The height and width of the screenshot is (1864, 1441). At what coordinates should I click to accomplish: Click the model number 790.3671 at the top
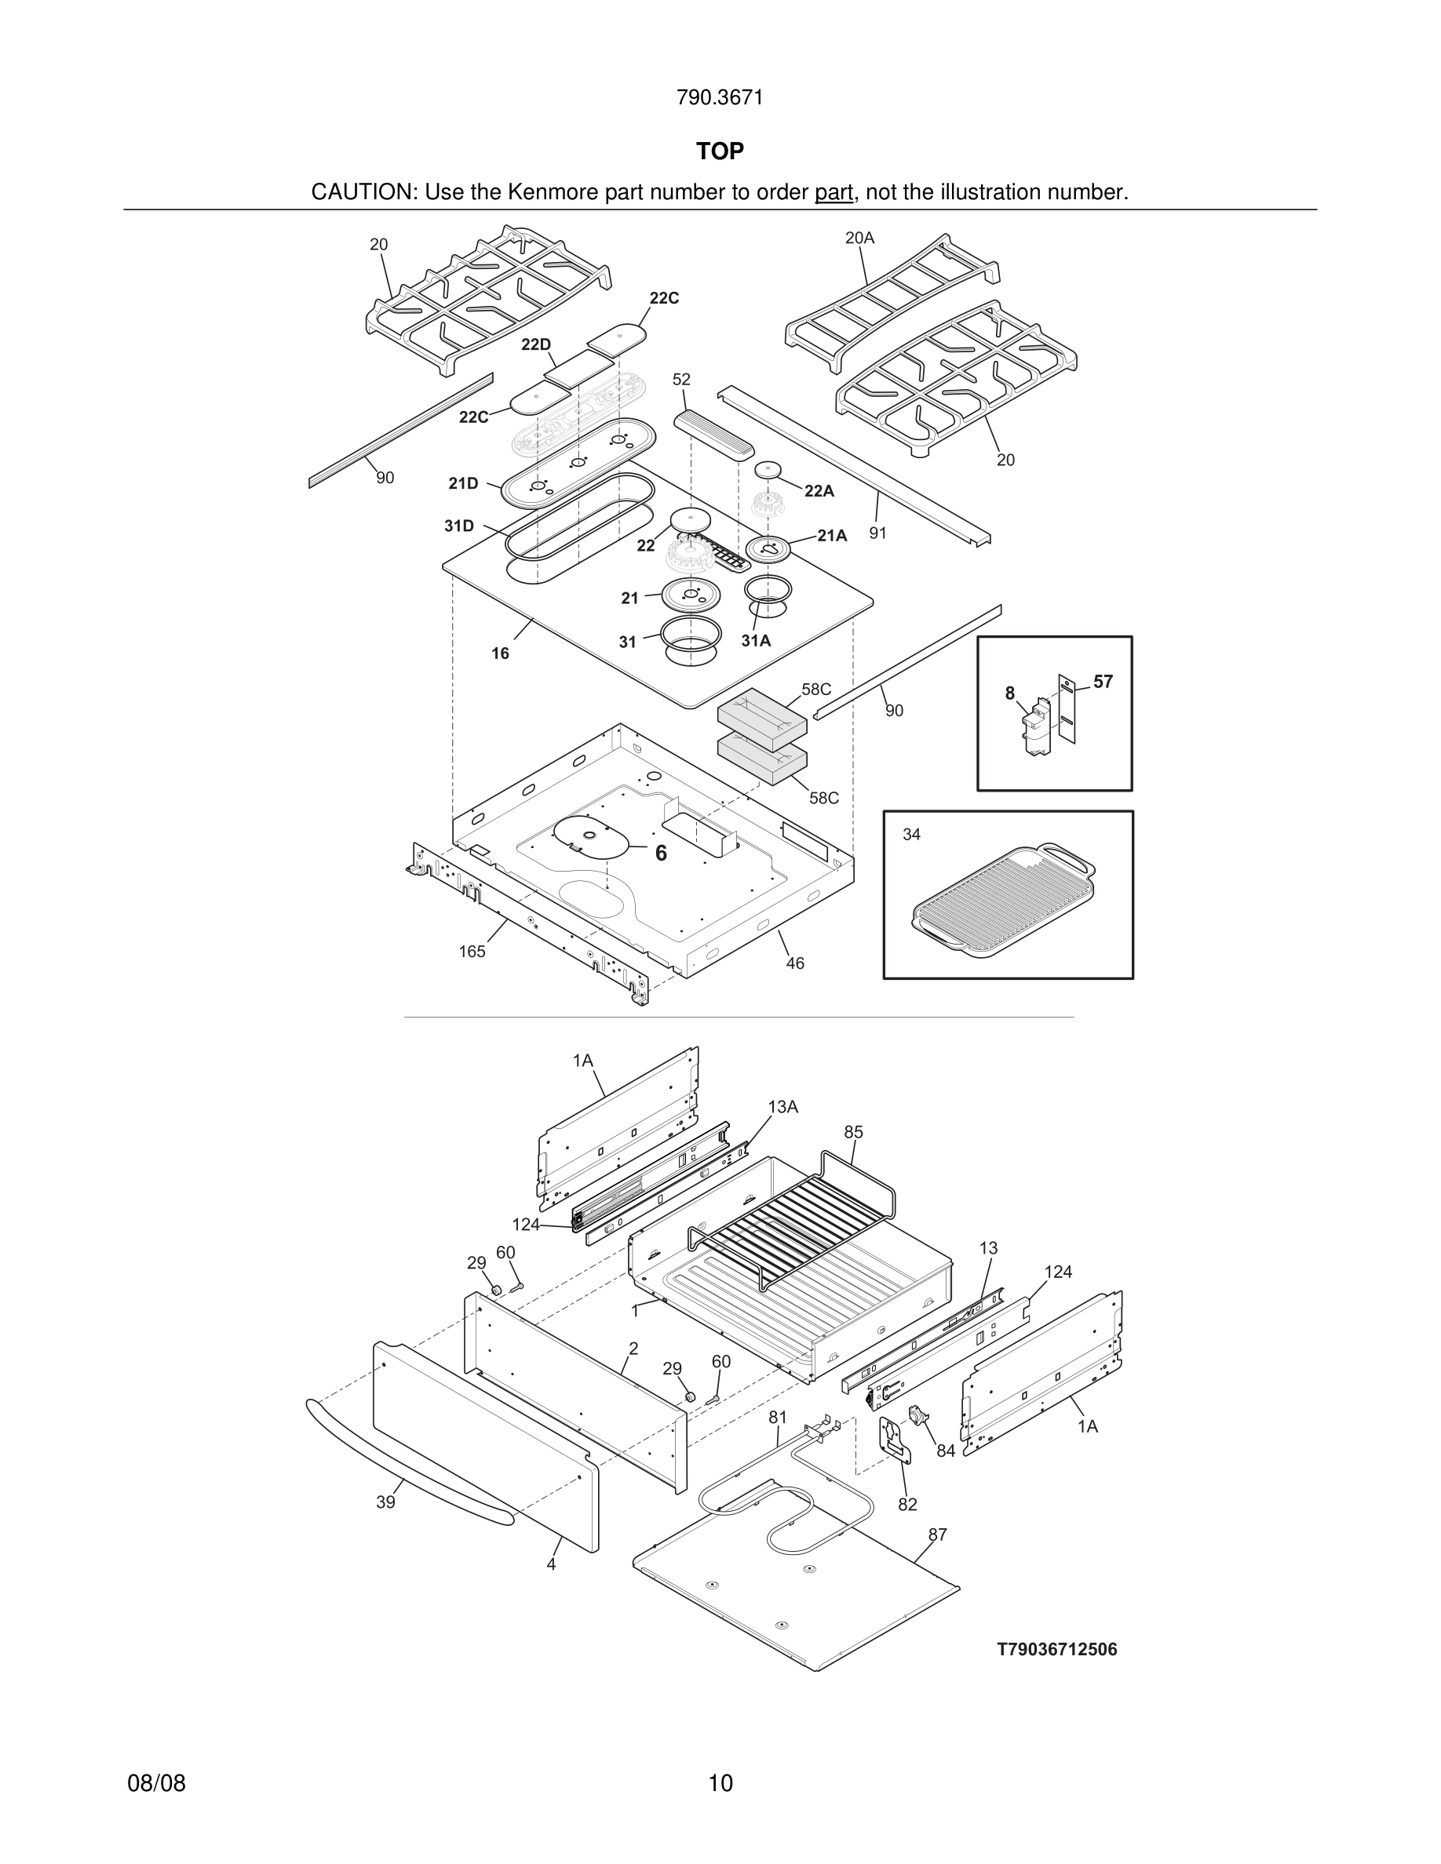[720, 98]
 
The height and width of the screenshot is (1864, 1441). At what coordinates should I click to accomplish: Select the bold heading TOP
[720, 151]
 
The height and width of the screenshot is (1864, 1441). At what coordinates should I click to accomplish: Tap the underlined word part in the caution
[834, 193]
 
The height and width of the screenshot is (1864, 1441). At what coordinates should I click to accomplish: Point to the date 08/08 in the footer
[156, 1783]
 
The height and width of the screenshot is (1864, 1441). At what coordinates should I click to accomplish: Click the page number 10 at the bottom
[720, 1783]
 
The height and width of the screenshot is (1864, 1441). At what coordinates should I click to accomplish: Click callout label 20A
[859, 238]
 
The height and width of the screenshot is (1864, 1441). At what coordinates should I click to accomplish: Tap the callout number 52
[681, 379]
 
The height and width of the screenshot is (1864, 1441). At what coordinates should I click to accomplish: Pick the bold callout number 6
[661, 854]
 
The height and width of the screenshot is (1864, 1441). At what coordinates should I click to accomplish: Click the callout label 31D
[458, 526]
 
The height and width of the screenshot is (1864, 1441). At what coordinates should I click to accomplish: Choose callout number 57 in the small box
[1103, 681]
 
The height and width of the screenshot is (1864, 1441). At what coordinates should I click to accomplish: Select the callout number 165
[471, 952]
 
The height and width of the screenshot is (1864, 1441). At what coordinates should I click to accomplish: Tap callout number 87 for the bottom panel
[937, 1535]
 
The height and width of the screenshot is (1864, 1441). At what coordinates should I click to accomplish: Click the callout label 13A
[783, 1107]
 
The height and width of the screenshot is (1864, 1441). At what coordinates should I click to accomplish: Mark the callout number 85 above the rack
[854, 1132]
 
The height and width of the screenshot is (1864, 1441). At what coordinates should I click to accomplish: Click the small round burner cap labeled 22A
[769, 471]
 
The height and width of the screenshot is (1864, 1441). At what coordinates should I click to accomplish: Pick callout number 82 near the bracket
[907, 1504]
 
